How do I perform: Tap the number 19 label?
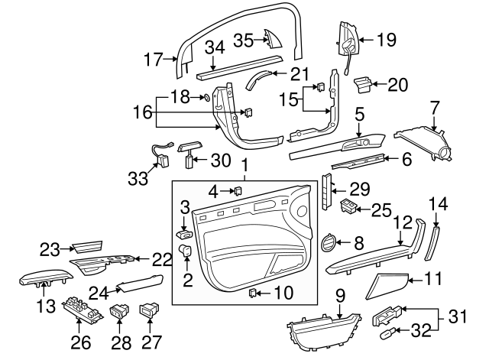[x=387, y=39]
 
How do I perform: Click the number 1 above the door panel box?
[x=244, y=165]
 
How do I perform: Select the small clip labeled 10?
[x=254, y=291]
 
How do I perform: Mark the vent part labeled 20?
[x=365, y=84]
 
